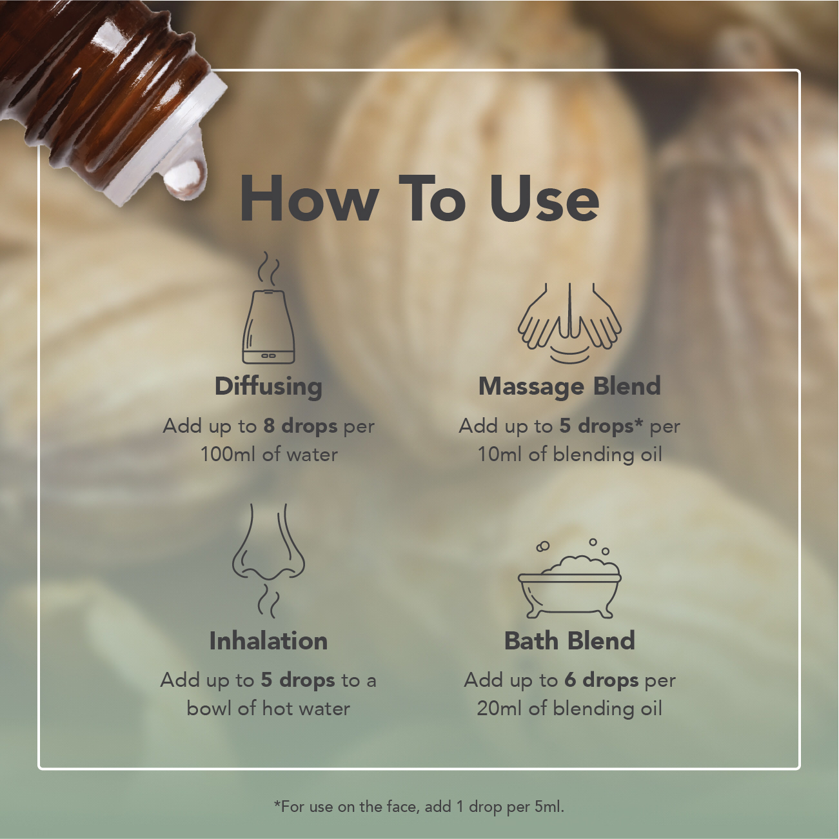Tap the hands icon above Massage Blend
click(x=569, y=322)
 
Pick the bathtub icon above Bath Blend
click(x=569, y=578)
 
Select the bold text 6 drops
click(x=602, y=680)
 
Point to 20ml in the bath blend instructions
click(x=499, y=709)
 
